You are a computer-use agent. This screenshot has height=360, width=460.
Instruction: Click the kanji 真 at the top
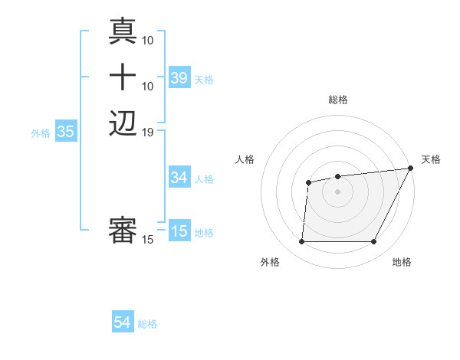point(123,31)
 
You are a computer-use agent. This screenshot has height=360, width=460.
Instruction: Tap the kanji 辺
point(123,123)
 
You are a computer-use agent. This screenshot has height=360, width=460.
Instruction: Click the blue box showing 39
point(179,78)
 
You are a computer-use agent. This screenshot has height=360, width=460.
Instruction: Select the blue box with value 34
point(179,178)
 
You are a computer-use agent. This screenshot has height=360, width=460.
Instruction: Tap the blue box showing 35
point(65,132)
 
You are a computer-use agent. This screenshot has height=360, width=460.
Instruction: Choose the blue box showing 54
point(123,323)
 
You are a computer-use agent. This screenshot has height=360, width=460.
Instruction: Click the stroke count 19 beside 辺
point(148,133)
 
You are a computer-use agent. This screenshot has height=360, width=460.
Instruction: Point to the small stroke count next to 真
point(148,39)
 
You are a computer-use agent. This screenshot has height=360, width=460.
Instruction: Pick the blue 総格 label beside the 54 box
point(147,324)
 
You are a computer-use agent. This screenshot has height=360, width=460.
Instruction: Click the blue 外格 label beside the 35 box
point(41,133)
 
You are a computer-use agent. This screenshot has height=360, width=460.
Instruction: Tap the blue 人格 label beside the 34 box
point(204,179)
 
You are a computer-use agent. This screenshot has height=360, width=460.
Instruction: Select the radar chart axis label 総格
point(337,100)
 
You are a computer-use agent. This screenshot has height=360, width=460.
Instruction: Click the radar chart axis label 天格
point(431,159)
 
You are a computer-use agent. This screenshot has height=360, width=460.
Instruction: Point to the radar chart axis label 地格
point(402,263)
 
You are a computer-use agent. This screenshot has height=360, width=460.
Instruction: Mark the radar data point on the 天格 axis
point(412,168)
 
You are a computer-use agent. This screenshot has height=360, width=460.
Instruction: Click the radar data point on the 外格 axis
point(301,242)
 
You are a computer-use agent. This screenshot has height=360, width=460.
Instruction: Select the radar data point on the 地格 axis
point(374,242)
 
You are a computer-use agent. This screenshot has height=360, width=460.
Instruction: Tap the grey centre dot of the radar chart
point(337,191)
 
